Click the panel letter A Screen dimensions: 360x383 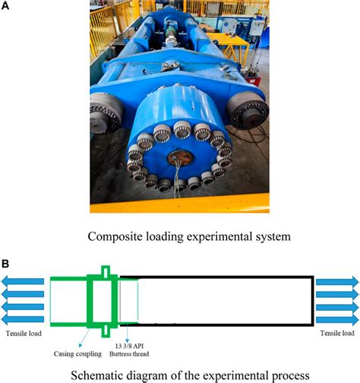[x=5, y=5]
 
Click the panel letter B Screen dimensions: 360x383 [x=5, y=264]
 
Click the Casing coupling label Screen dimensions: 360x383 [x=77, y=354]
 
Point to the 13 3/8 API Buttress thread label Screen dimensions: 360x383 [x=129, y=350]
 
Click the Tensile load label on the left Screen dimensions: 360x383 [x=24, y=334]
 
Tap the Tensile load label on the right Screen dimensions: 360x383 [x=337, y=333]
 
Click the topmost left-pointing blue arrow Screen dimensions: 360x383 [x=23, y=281]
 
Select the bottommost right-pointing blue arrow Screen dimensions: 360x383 [x=337, y=319]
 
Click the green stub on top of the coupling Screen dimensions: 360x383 [x=106, y=271]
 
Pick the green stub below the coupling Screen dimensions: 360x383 [x=106, y=332]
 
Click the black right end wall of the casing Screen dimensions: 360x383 [x=313, y=301]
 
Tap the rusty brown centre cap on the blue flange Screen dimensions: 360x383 [x=181, y=158]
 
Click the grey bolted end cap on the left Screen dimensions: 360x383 [x=105, y=113]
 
